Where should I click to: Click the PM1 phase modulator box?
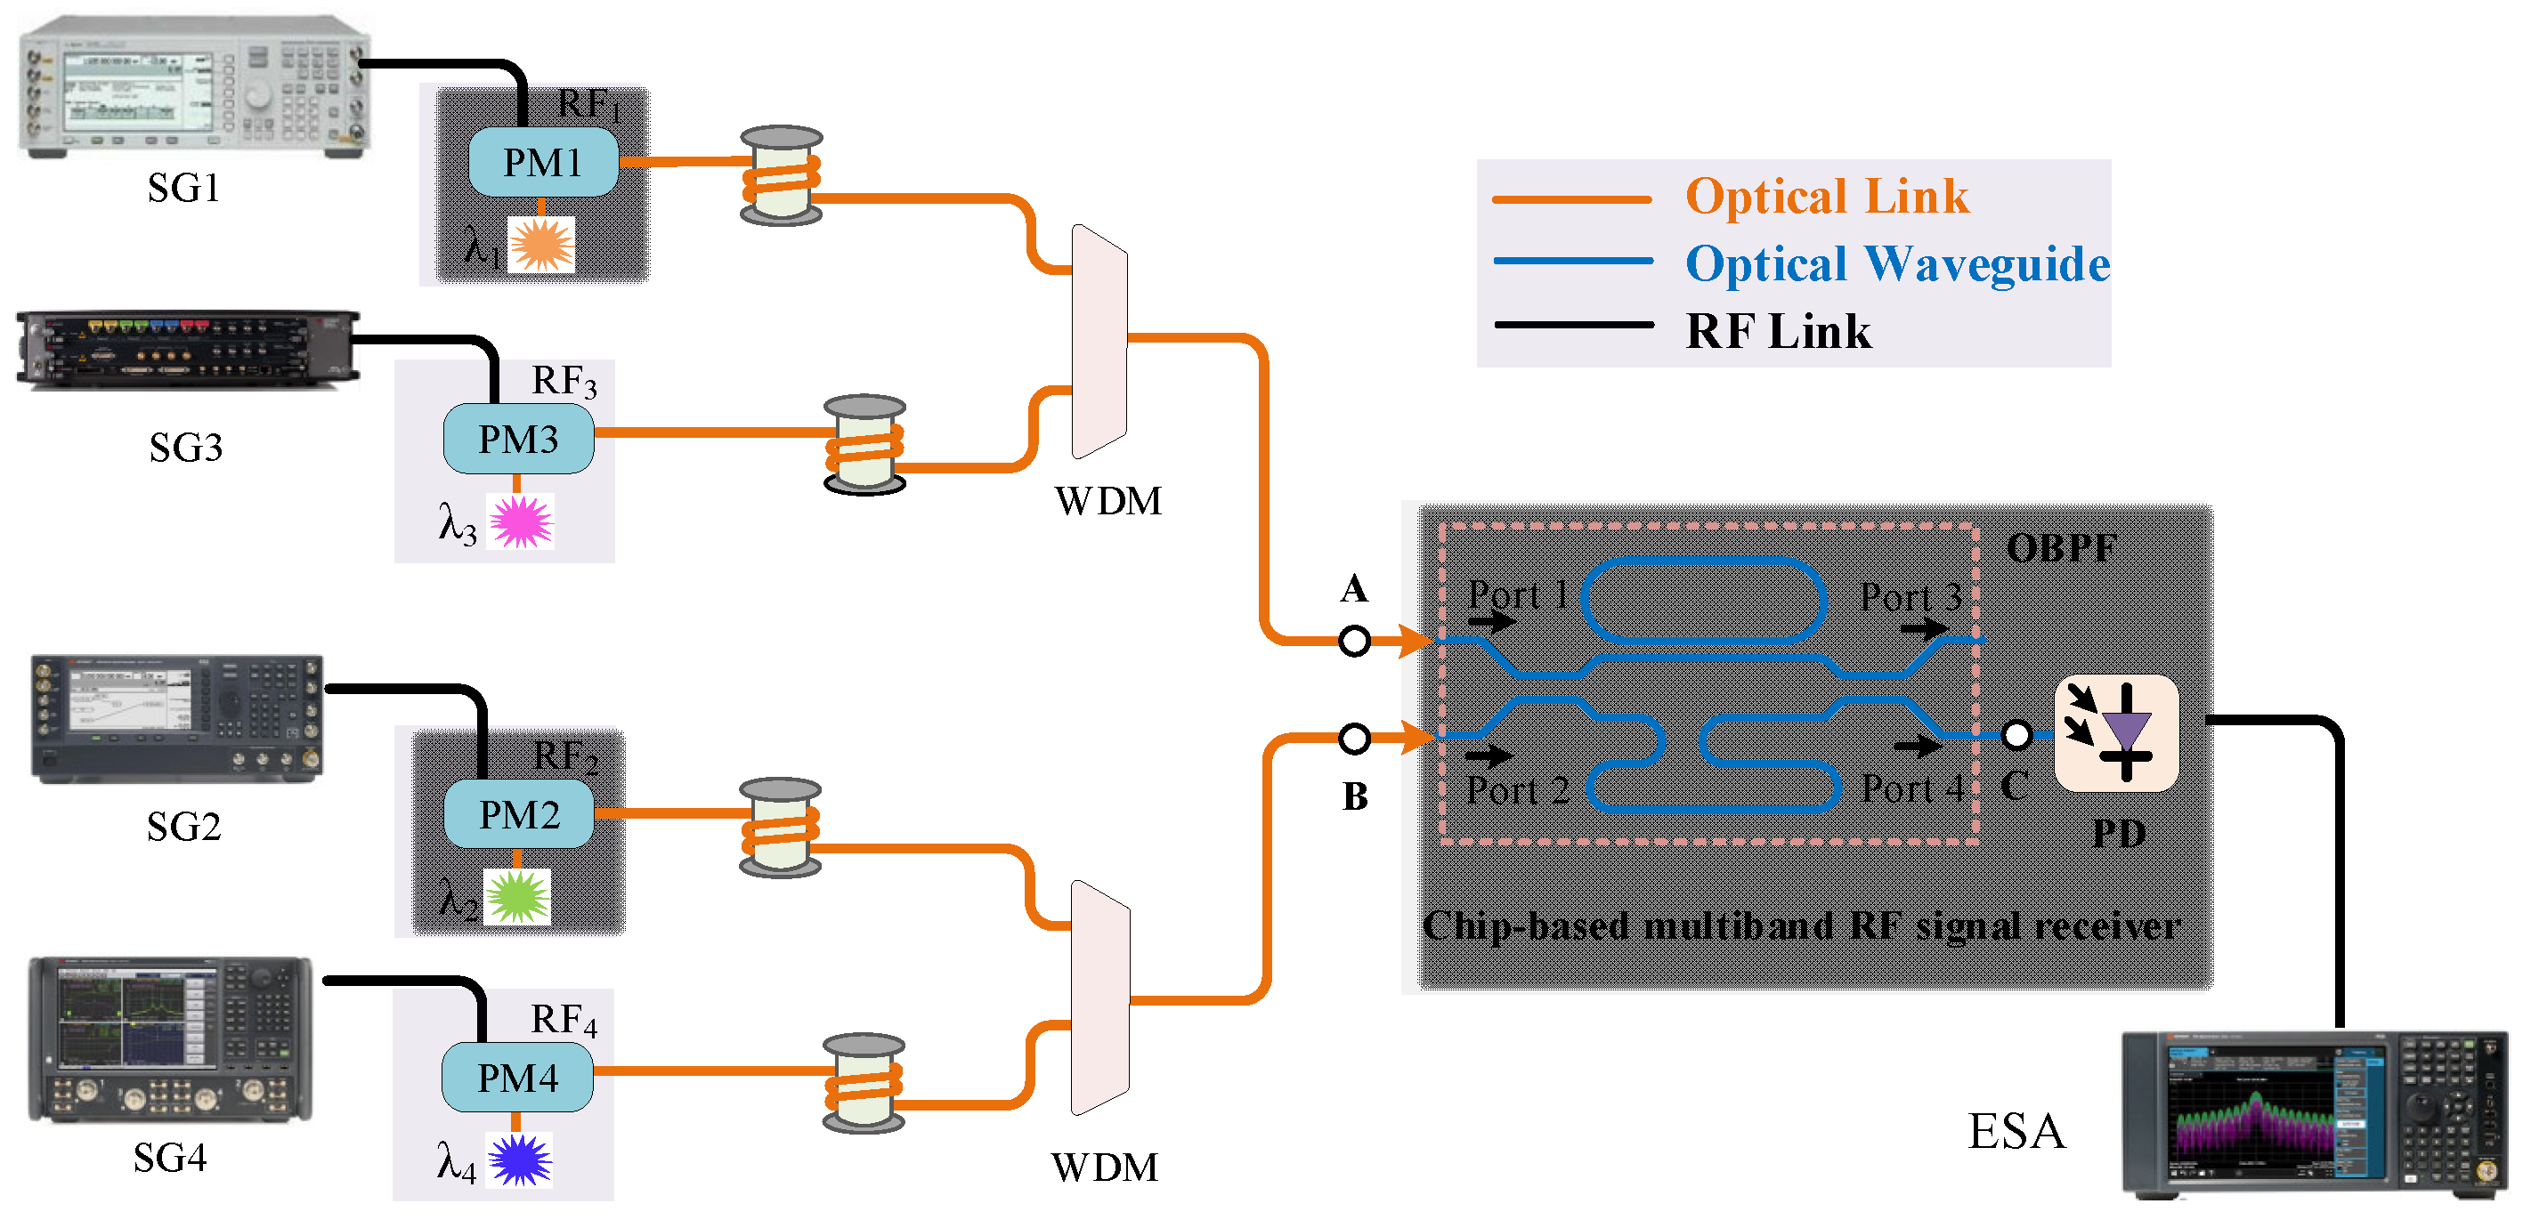(542, 163)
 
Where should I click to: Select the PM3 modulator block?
(518, 440)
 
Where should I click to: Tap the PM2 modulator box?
(519, 813)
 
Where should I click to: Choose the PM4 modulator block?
(517, 1077)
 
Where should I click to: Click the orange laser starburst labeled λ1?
(541, 244)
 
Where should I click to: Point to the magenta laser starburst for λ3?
(521, 521)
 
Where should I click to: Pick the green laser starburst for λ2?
(518, 897)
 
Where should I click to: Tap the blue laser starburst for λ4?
(519, 1159)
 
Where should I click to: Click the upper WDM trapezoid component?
(1099, 342)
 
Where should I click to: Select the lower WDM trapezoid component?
(1099, 998)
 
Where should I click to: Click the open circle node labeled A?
(1355, 642)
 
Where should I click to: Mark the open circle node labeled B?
(1355, 739)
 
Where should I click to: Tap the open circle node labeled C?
(2016, 734)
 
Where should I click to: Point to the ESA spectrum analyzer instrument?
(2312, 1114)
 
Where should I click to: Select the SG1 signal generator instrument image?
(195, 85)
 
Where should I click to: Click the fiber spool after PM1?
(781, 175)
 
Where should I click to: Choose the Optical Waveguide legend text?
(1896, 263)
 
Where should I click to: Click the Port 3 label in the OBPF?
(1910, 596)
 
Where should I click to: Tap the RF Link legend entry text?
(1778, 331)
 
